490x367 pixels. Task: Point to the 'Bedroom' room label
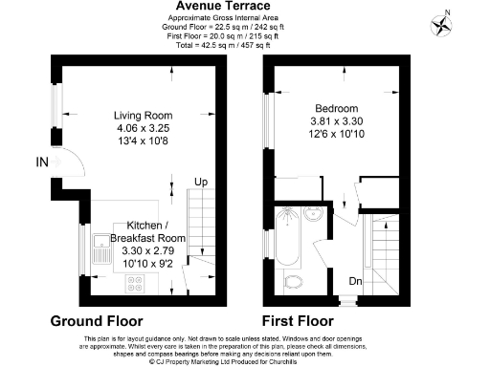[334, 108]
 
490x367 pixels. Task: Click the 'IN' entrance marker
[40, 162]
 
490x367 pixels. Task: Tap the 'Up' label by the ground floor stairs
[200, 182]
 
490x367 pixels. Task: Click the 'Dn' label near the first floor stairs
[354, 282]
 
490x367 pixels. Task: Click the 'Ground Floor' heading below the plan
[97, 320]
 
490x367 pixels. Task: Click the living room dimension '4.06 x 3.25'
[142, 127]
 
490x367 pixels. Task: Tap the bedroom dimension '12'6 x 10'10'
[334, 135]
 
